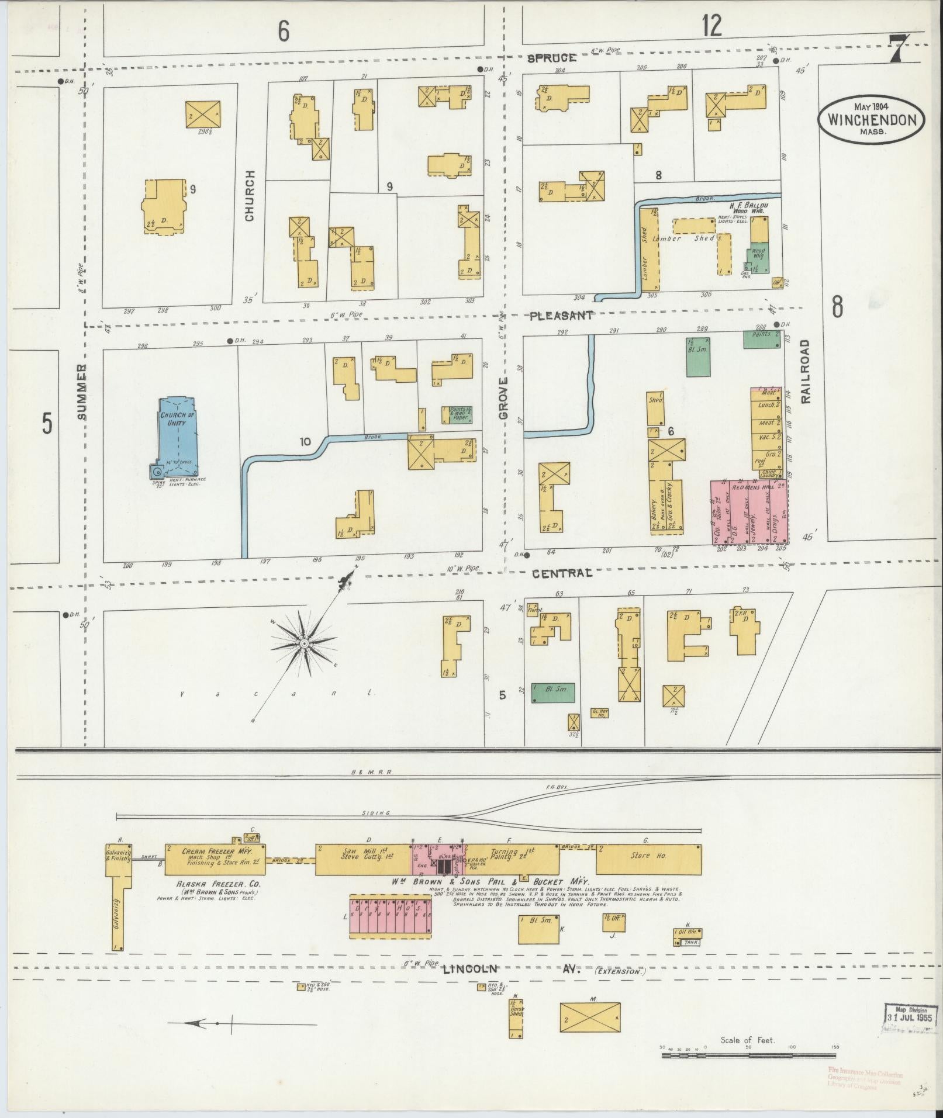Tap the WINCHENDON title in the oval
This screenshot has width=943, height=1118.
coord(871,120)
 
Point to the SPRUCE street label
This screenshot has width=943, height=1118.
coord(552,58)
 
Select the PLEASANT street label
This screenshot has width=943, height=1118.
coord(562,316)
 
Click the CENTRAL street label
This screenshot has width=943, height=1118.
coord(562,573)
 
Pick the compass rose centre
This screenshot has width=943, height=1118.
coord(304,643)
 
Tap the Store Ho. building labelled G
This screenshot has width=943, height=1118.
coord(648,858)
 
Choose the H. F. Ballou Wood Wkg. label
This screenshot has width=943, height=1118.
coord(747,209)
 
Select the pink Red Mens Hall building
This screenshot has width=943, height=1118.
coord(749,512)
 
